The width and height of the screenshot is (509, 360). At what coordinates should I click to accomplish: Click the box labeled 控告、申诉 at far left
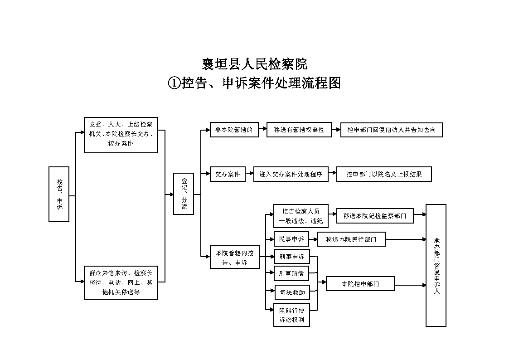pyautogui.click(x=59, y=194)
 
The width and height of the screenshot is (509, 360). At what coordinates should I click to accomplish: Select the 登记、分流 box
pyautogui.click(x=184, y=194)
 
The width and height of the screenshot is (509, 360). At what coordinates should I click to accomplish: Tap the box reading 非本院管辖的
pyautogui.click(x=234, y=130)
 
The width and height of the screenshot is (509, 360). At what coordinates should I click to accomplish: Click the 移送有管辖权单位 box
pyautogui.click(x=299, y=130)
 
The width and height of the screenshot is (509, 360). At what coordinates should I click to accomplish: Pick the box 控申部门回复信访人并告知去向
pyautogui.click(x=392, y=130)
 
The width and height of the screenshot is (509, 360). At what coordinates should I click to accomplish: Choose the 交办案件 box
pyautogui.click(x=228, y=174)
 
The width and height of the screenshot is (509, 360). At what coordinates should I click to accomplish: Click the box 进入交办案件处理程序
pyautogui.click(x=291, y=174)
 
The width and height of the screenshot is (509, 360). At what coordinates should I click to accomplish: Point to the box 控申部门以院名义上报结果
pyautogui.click(x=384, y=174)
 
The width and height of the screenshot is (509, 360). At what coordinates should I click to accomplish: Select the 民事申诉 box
pyautogui.click(x=291, y=239)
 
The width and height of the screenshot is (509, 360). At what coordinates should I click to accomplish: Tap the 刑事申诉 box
pyautogui.click(x=292, y=257)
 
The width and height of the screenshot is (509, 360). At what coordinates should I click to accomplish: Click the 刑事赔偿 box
pyautogui.click(x=291, y=273)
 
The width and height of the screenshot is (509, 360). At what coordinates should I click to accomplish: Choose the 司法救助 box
pyautogui.click(x=292, y=292)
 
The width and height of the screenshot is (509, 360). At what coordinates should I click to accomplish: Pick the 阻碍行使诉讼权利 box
pyautogui.click(x=291, y=315)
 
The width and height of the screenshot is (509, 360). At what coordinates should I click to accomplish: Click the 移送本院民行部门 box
pyautogui.click(x=351, y=239)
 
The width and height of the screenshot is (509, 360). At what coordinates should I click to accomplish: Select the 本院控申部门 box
pyautogui.click(x=360, y=284)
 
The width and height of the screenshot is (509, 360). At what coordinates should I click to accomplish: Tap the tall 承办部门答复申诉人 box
pyautogui.click(x=436, y=266)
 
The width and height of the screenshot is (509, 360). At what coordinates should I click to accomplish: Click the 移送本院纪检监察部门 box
pyautogui.click(x=375, y=216)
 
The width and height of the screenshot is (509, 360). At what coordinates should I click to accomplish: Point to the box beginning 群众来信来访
pyautogui.click(x=121, y=282)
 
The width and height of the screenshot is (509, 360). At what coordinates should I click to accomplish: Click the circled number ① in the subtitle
pyautogui.click(x=174, y=83)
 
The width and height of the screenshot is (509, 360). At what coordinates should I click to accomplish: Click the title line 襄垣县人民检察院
pyautogui.click(x=255, y=64)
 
